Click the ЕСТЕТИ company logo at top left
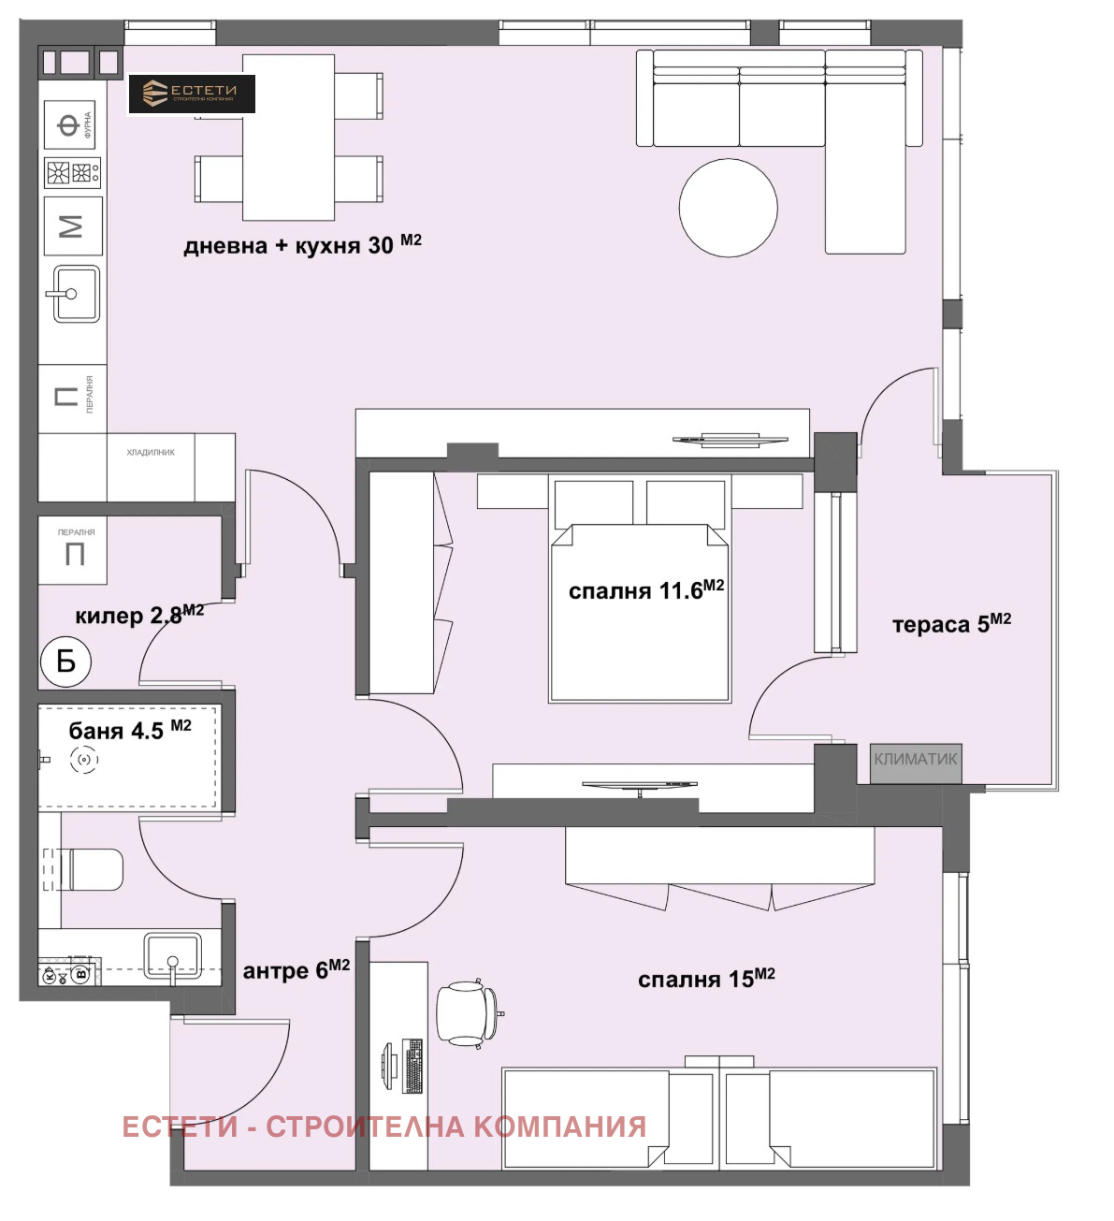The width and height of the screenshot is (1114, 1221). (x=191, y=94)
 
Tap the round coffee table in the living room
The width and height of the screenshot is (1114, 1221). (x=728, y=208)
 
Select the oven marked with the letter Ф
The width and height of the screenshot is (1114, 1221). (x=70, y=124)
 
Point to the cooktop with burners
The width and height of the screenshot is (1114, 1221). (x=72, y=173)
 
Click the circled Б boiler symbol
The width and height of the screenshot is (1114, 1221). (x=65, y=661)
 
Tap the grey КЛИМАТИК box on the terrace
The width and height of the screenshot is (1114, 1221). (x=916, y=760)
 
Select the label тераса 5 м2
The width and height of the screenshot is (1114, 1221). (x=950, y=624)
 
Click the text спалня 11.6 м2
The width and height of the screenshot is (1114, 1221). (x=645, y=590)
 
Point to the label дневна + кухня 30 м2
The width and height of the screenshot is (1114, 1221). (x=302, y=245)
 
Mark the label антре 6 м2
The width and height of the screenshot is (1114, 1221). (x=296, y=970)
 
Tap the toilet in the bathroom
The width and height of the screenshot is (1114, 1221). (x=88, y=869)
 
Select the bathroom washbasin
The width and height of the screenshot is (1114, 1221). (x=172, y=957)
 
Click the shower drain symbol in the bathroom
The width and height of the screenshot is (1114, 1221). (x=84, y=761)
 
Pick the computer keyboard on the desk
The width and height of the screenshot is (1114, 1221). (x=412, y=1066)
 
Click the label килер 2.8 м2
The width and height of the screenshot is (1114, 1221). (x=138, y=615)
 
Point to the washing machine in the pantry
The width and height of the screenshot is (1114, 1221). (x=74, y=550)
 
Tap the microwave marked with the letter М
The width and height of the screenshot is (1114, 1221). (x=72, y=226)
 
